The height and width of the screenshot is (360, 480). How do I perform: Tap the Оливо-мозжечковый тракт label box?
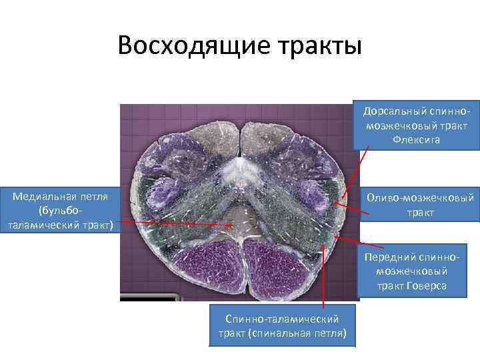pyautogui.click(x=421, y=205)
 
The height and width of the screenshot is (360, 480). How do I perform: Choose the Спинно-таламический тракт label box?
pyautogui.click(x=282, y=325)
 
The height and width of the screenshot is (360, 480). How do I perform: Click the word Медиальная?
pyautogui.click(x=43, y=197)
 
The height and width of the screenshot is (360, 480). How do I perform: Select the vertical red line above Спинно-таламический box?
pyautogui.click(x=323, y=273)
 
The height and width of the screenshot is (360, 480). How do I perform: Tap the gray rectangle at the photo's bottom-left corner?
pyautogui.click(x=150, y=297)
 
